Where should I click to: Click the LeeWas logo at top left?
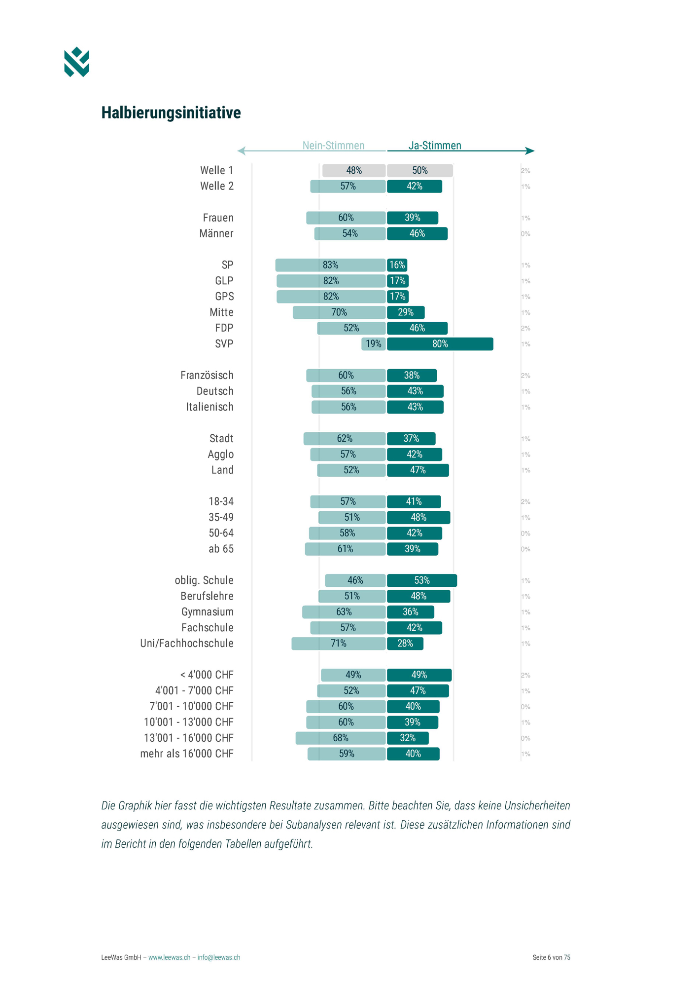click(x=76, y=62)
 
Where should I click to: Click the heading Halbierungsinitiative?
click(x=171, y=113)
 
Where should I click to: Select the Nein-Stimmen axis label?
click(x=333, y=145)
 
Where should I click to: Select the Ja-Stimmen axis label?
click(x=435, y=145)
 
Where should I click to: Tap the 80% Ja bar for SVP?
click(x=440, y=344)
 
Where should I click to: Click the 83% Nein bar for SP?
click(x=330, y=265)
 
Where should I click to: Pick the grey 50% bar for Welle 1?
click(x=419, y=171)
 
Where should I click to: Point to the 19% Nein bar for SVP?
click(x=373, y=344)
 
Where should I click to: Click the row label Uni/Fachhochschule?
click(x=186, y=644)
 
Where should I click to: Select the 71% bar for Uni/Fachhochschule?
click(x=338, y=644)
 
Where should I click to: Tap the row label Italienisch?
click(x=209, y=407)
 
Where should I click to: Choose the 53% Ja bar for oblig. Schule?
click(x=421, y=580)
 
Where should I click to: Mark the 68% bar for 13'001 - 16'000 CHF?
click(x=340, y=738)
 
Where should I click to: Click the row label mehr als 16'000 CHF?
click(x=186, y=754)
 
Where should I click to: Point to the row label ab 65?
click(x=221, y=549)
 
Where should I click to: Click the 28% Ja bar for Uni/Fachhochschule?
click(x=405, y=644)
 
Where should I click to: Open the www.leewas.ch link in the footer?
click(x=169, y=957)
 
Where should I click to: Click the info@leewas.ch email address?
click(x=219, y=957)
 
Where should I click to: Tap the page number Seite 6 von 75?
click(x=551, y=957)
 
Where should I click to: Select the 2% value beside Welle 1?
click(x=525, y=171)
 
